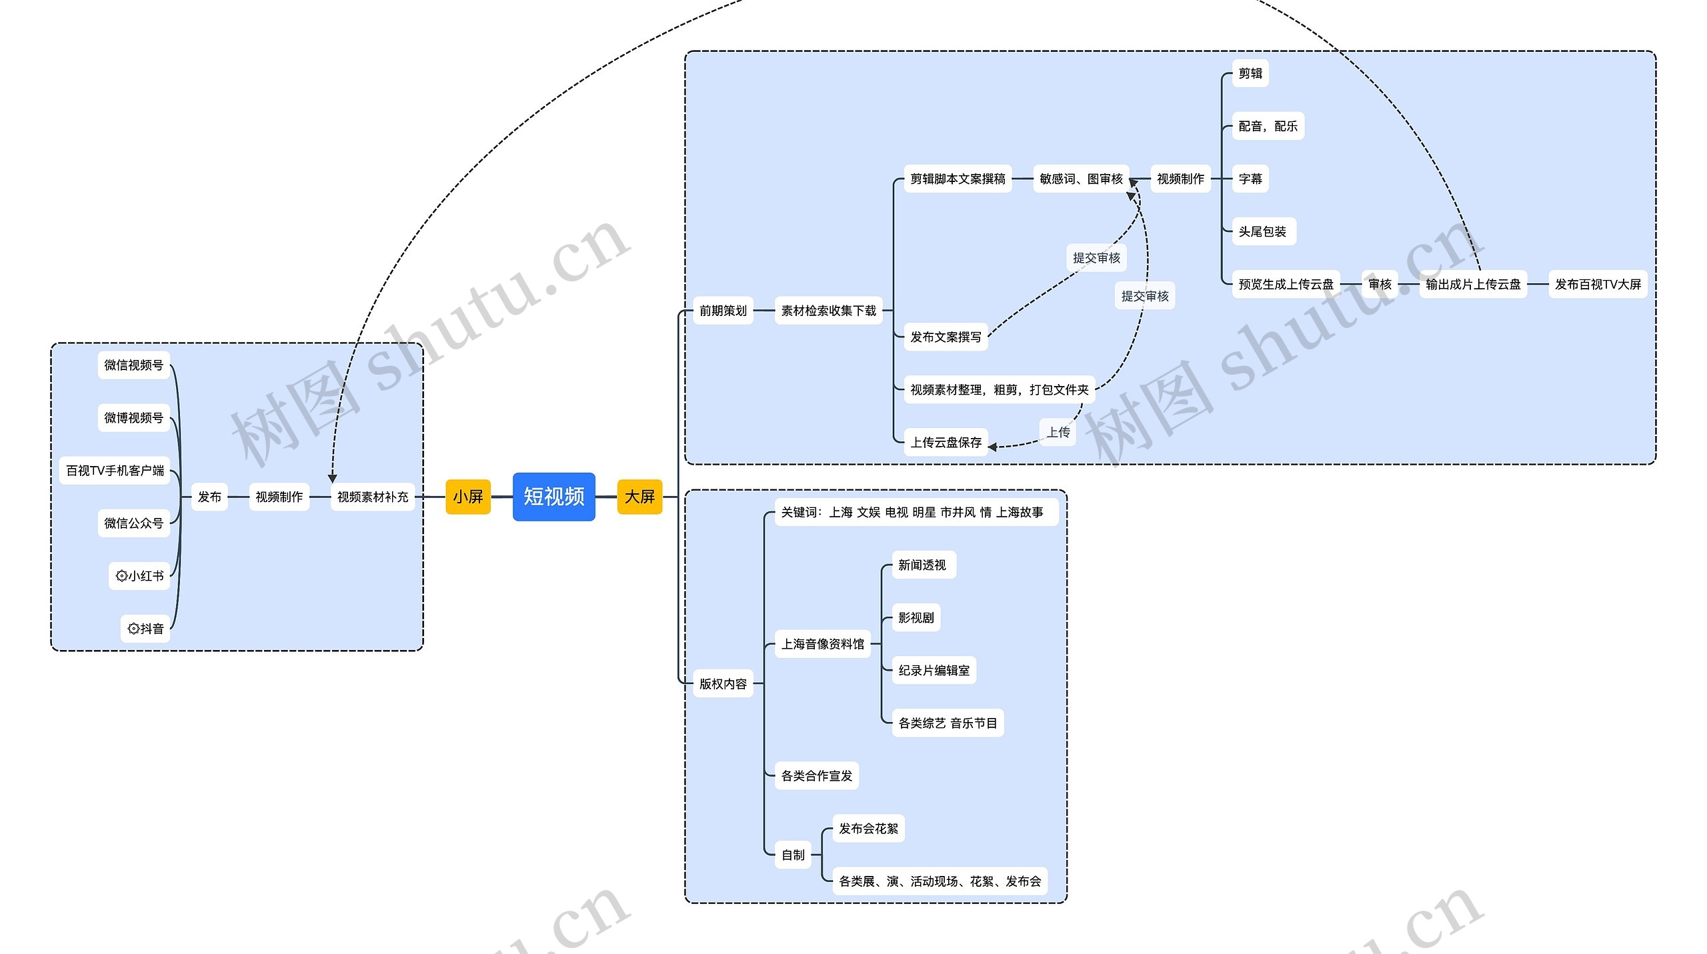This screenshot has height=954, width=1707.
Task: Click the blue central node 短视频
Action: (553, 497)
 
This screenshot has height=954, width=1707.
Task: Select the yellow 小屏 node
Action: (467, 497)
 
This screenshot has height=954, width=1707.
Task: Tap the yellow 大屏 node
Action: (639, 497)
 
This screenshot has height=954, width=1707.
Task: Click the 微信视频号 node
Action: (133, 365)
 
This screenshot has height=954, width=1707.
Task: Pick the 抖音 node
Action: (145, 629)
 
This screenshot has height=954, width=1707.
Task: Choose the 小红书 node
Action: (139, 576)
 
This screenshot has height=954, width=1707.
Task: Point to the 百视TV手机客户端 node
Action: (115, 471)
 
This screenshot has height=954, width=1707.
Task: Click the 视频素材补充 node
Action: (372, 497)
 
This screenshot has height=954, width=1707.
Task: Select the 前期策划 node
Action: (723, 311)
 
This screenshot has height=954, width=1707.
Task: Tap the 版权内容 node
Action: (723, 683)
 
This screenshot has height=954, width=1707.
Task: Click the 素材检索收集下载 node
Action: (828, 311)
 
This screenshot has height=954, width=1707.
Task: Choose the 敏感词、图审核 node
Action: (1080, 179)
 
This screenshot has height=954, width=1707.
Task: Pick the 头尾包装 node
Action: (1262, 231)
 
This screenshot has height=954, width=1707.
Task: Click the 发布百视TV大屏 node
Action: (1598, 284)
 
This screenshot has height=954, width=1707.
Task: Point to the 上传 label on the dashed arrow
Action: (1058, 432)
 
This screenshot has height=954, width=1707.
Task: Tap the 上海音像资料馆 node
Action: (822, 644)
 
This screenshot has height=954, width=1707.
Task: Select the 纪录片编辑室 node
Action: (934, 670)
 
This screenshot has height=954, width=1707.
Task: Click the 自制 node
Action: (793, 855)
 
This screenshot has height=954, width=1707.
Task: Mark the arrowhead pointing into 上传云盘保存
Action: (992, 447)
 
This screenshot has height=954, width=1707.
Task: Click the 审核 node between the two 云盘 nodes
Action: (1380, 284)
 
